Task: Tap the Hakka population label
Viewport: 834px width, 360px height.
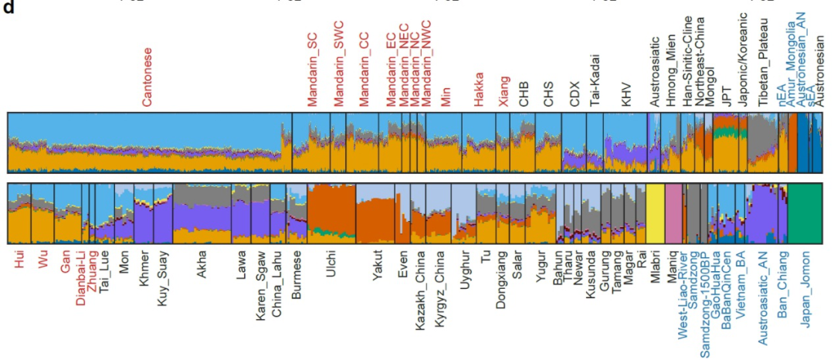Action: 479,90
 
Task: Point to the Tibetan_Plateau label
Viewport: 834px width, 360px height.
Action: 762,66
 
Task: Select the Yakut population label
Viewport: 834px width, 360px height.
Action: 378,265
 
